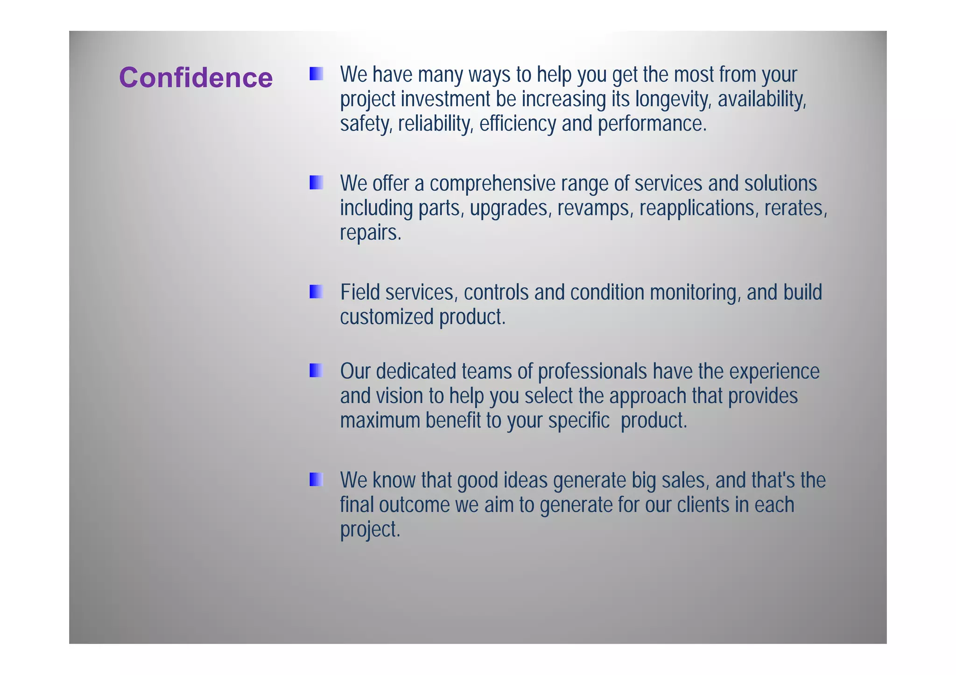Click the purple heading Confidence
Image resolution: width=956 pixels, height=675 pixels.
coord(196,77)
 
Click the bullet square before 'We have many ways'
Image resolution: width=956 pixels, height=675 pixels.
coord(316,74)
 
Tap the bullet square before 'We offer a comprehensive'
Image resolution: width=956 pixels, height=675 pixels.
coord(316,182)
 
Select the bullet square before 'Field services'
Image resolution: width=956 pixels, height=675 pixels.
coord(316,292)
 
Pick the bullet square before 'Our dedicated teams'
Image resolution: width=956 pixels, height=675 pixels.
coord(316,370)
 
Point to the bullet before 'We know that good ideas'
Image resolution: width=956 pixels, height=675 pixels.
coord(316,479)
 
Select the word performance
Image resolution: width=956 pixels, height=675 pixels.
coord(652,124)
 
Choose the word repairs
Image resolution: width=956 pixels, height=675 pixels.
coord(370,232)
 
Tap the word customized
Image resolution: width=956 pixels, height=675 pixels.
coord(387,317)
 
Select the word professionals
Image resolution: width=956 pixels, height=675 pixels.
coord(592,372)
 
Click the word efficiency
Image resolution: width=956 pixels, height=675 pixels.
coord(517,124)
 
